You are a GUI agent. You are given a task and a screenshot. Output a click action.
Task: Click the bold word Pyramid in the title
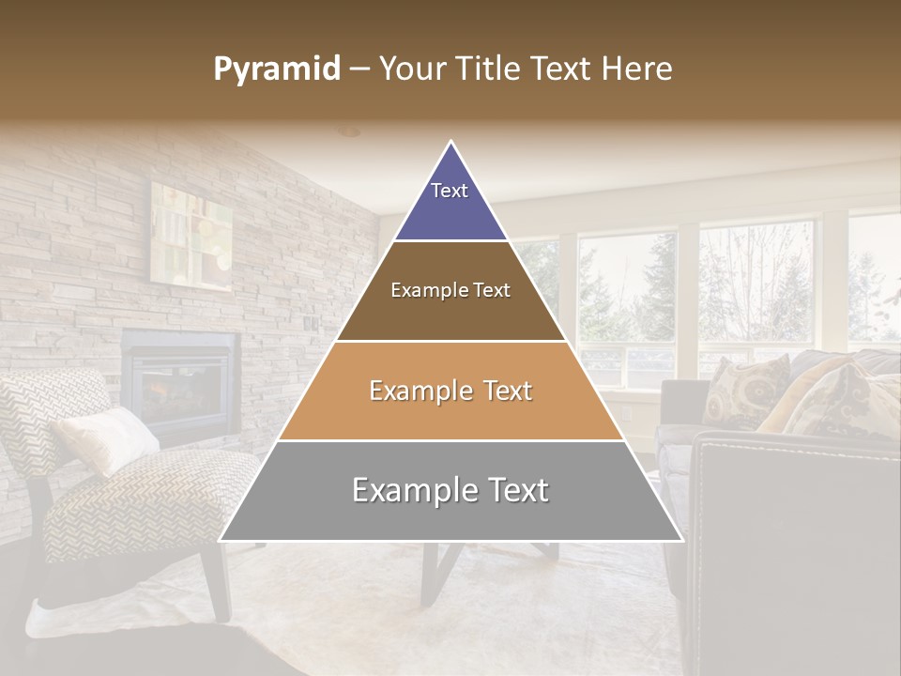point(277,69)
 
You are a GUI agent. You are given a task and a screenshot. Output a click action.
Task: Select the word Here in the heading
point(638,69)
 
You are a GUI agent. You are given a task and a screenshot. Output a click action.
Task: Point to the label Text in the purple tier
point(450,191)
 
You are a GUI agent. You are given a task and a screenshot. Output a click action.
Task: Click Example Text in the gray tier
point(450,490)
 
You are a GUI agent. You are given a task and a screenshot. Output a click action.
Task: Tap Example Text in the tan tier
point(450,391)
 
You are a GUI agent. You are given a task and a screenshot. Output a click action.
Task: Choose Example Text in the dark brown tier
point(450,290)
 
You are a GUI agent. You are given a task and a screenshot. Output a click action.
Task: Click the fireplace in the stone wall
point(178,380)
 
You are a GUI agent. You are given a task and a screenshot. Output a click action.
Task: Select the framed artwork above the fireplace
point(191,235)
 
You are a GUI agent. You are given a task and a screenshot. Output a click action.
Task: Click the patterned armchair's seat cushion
point(150,498)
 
